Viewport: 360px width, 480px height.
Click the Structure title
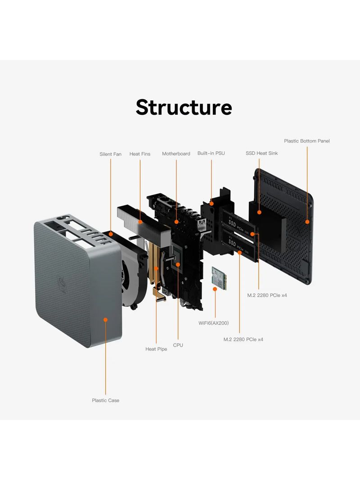click(184, 108)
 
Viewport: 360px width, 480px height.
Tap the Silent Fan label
click(110, 154)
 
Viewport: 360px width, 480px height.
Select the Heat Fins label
click(140, 154)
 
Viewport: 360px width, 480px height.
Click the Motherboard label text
click(176, 154)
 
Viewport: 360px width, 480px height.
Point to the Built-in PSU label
click(211, 153)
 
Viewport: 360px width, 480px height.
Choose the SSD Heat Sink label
click(261, 153)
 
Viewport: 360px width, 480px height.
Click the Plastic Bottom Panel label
click(307, 141)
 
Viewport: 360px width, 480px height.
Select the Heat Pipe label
click(156, 349)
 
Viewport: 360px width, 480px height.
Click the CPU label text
click(178, 345)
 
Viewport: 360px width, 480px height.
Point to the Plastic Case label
click(106, 400)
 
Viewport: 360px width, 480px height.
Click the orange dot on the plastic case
click(106, 319)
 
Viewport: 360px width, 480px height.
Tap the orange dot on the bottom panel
click(307, 221)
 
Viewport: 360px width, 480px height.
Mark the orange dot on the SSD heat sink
click(259, 211)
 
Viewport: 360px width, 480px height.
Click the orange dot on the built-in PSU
click(211, 204)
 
